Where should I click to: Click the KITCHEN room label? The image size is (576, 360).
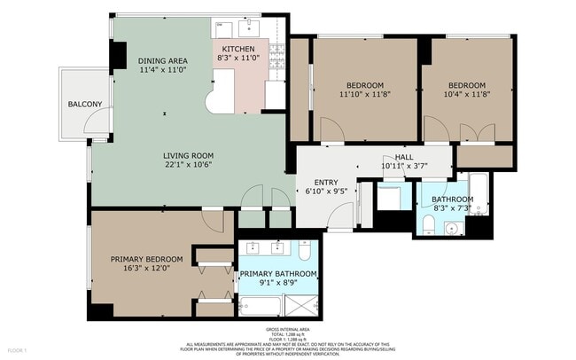[238, 49]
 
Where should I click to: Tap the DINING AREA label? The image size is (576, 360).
[162, 61]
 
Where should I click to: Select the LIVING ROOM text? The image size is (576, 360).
[189, 155]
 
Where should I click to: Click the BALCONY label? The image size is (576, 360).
[85, 105]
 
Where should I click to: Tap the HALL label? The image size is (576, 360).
[404, 156]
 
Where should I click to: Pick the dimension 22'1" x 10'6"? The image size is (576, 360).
[189, 165]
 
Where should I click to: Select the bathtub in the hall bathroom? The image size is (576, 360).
[479, 196]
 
